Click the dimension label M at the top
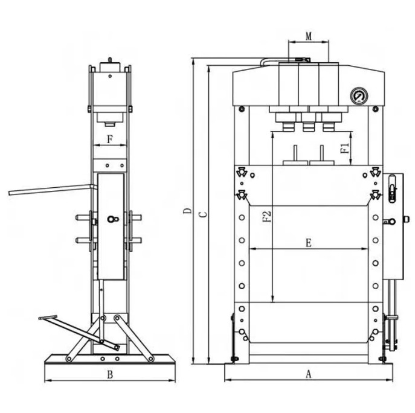click(309, 36)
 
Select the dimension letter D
click(188, 211)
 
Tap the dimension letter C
click(204, 214)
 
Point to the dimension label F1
click(345, 149)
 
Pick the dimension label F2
click(268, 216)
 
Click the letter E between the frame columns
click(309, 243)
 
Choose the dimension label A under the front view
click(309, 374)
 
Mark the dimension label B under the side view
click(110, 374)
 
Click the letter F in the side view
click(110, 139)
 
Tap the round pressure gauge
click(359, 96)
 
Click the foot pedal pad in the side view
click(48, 317)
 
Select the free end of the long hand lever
click(10, 193)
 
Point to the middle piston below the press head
click(308, 126)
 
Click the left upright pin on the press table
click(295, 153)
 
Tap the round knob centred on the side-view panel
click(111, 219)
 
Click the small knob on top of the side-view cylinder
click(110, 60)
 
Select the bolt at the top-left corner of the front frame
click(241, 109)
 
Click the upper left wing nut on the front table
click(242, 172)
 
